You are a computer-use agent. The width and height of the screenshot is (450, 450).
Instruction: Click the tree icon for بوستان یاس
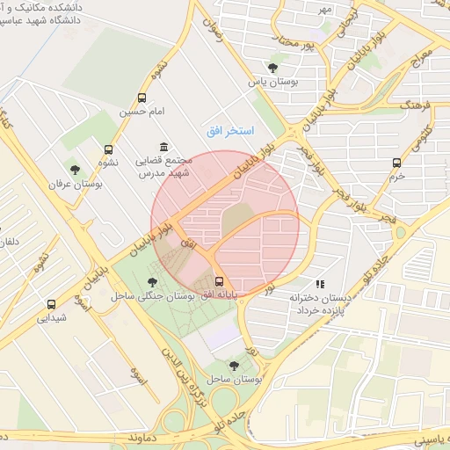point(272,68)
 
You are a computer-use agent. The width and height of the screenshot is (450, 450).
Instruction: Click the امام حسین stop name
point(144,113)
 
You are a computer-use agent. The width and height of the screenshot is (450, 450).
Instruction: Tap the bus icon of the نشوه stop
point(108,149)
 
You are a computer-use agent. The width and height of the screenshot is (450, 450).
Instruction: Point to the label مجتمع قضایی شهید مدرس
point(158,168)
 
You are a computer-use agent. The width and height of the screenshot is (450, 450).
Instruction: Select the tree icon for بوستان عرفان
point(74,169)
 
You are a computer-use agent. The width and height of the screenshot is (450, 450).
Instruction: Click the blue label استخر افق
point(230,131)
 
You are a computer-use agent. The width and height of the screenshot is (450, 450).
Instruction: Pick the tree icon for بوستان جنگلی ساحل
point(153,282)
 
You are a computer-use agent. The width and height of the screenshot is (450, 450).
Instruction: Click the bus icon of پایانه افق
point(219,281)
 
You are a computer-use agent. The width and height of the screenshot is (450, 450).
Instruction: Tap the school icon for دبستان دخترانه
point(321,284)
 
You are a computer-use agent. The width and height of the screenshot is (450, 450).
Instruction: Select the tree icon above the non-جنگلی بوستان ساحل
point(233,365)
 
